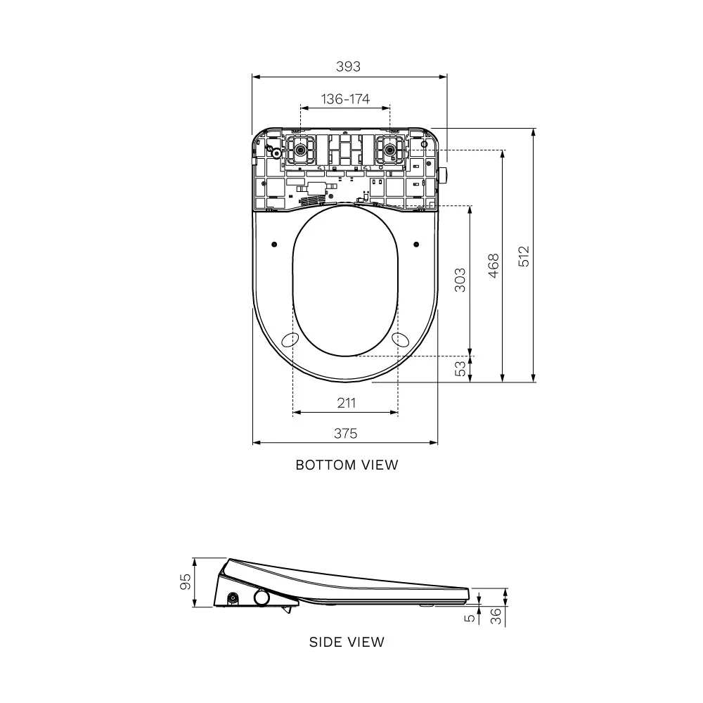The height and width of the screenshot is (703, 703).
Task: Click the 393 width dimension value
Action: point(348,66)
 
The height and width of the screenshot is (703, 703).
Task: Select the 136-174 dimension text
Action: point(345,98)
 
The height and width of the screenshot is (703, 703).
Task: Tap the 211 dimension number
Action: point(346,403)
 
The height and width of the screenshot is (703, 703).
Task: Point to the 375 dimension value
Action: point(346,433)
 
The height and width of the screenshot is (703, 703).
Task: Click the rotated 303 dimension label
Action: point(460,280)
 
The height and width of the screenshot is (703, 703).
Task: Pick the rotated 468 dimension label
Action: point(494,266)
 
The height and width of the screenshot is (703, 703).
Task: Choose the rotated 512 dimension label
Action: point(524,256)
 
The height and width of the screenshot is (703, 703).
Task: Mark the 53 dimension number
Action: point(460,368)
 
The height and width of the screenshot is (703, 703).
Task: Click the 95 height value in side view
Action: point(185,582)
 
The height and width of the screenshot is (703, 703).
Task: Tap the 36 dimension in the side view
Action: point(496,617)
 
